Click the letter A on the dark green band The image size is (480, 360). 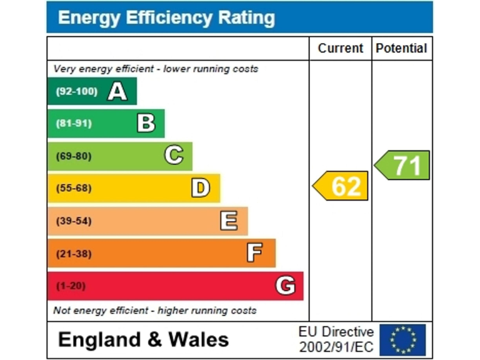[117, 92]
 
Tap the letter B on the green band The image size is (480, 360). [146, 123]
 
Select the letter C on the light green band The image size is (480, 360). [174, 155]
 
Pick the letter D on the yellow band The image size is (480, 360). [201, 187]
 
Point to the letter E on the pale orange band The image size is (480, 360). [229, 221]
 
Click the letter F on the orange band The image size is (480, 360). [254, 253]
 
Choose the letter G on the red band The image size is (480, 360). [285, 286]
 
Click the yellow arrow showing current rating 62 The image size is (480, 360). [341, 186]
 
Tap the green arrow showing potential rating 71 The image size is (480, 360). [402, 166]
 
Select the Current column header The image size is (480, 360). [340, 48]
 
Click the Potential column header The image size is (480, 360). [401, 48]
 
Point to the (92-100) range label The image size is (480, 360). [76, 92]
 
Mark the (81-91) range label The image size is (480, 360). [74, 123]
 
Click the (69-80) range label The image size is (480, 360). [74, 156]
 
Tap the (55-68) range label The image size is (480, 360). [74, 188]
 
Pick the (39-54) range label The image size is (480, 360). [74, 221]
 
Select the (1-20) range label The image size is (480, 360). [71, 286]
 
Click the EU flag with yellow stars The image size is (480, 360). [402, 339]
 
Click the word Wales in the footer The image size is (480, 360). [197, 339]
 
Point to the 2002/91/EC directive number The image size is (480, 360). [336, 346]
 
